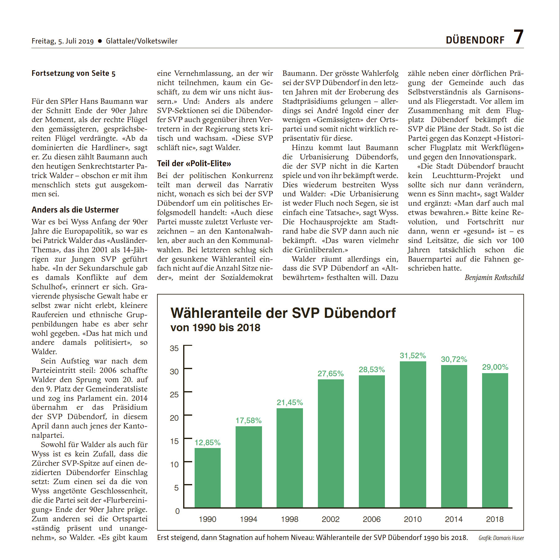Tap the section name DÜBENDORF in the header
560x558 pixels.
(475, 40)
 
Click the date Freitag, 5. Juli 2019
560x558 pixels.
(62, 41)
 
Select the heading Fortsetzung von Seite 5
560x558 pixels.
(73, 73)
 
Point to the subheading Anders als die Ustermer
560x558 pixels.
(75, 210)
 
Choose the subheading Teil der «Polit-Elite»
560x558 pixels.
(194, 163)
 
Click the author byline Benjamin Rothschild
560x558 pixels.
(494, 277)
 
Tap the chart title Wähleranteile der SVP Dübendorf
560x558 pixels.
(283, 313)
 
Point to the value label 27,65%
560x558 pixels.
(331, 373)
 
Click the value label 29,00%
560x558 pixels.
(495, 367)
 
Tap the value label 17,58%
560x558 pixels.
(248, 420)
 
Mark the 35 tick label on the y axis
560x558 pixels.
(174, 348)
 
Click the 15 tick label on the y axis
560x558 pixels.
(174, 441)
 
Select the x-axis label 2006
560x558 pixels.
(372, 519)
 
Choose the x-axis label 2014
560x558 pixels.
(454, 519)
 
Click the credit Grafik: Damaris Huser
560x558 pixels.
(501, 538)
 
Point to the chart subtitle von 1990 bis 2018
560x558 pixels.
(215, 327)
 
